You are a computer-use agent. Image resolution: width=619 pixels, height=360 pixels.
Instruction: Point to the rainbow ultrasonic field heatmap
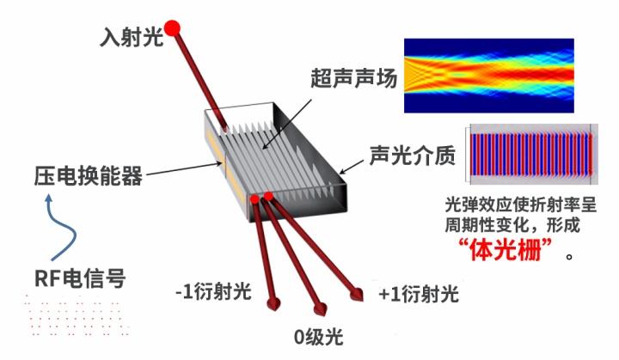487,76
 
